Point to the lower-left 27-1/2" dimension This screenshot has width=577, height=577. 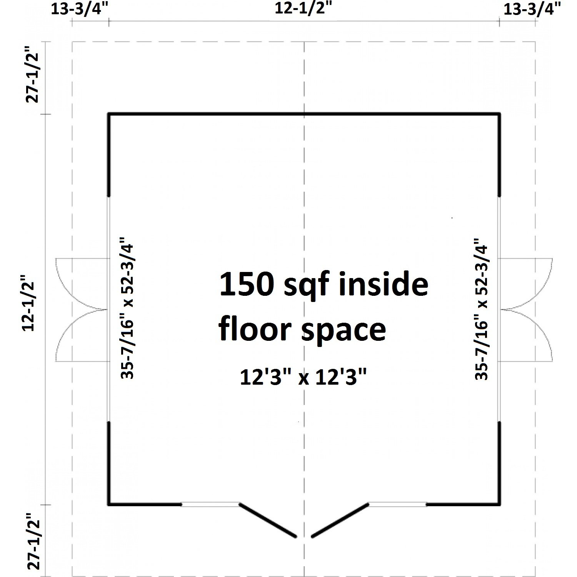34,540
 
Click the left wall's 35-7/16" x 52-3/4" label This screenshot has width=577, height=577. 127,311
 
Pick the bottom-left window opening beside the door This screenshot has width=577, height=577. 210,504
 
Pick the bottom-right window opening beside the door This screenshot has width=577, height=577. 397,504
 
